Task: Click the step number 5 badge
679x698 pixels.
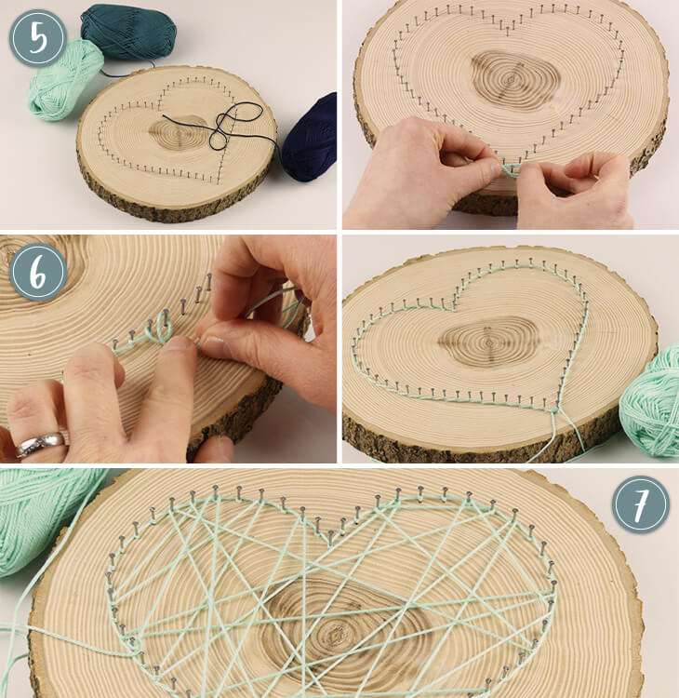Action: pos(38,38)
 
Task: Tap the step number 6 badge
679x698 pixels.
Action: pos(38,272)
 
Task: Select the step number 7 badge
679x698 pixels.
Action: pos(641,504)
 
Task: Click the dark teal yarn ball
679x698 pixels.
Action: pos(128,32)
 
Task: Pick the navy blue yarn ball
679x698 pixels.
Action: pos(311,138)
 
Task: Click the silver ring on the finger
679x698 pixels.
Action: pos(41,443)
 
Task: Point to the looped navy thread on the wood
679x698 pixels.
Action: pos(227,127)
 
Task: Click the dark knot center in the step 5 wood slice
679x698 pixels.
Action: pos(178,133)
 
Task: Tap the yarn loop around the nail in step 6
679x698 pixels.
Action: pos(159,328)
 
